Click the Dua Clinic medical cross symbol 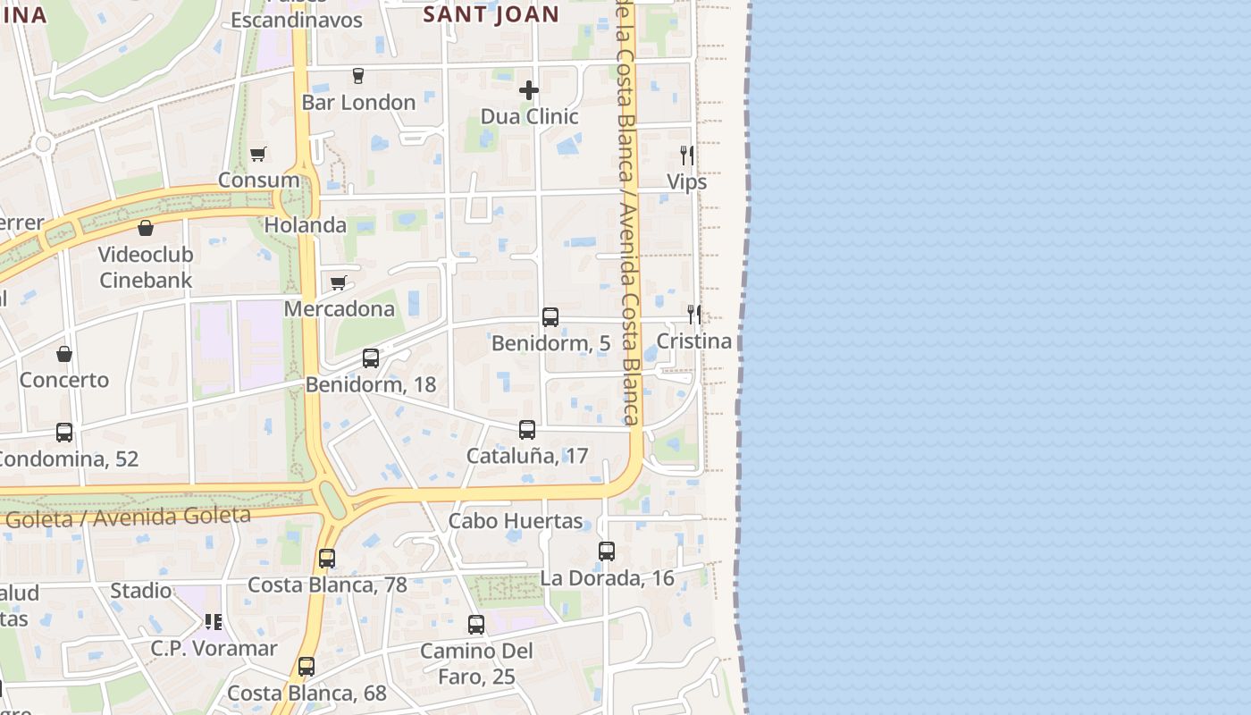pyautogui.click(x=529, y=90)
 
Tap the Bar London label pyautogui.click(x=358, y=103)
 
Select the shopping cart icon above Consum pyautogui.click(x=258, y=154)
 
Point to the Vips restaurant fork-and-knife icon pyautogui.click(x=686, y=156)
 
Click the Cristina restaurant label pyautogui.click(x=693, y=341)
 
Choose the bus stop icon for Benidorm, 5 pyautogui.click(x=550, y=317)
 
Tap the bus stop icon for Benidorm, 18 pyautogui.click(x=371, y=358)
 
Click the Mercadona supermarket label pyautogui.click(x=339, y=309)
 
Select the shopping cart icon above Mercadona pyautogui.click(x=339, y=283)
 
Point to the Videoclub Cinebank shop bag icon pyautogui.click(x=146, y=228)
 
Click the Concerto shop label pyautogui.click(x=64, y=380)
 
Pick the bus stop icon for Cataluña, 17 pyautogui.click(x=527, y=430)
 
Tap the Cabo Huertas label pyautogui.click(x=516, y=521)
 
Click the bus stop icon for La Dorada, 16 pyautogui.click(x=607, y=551)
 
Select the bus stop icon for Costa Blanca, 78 pyautogui.click(x=327, y=559)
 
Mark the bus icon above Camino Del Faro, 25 pyautogui.click(x=476, y=625)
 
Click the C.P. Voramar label pyautogui.click(x=214, y=649)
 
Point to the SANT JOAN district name pyautogui.click(x=491, y=14)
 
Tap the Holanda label pyautogui.click(x=305, y=225)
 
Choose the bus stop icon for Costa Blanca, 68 pyautogui.click(x=306, y=667)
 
